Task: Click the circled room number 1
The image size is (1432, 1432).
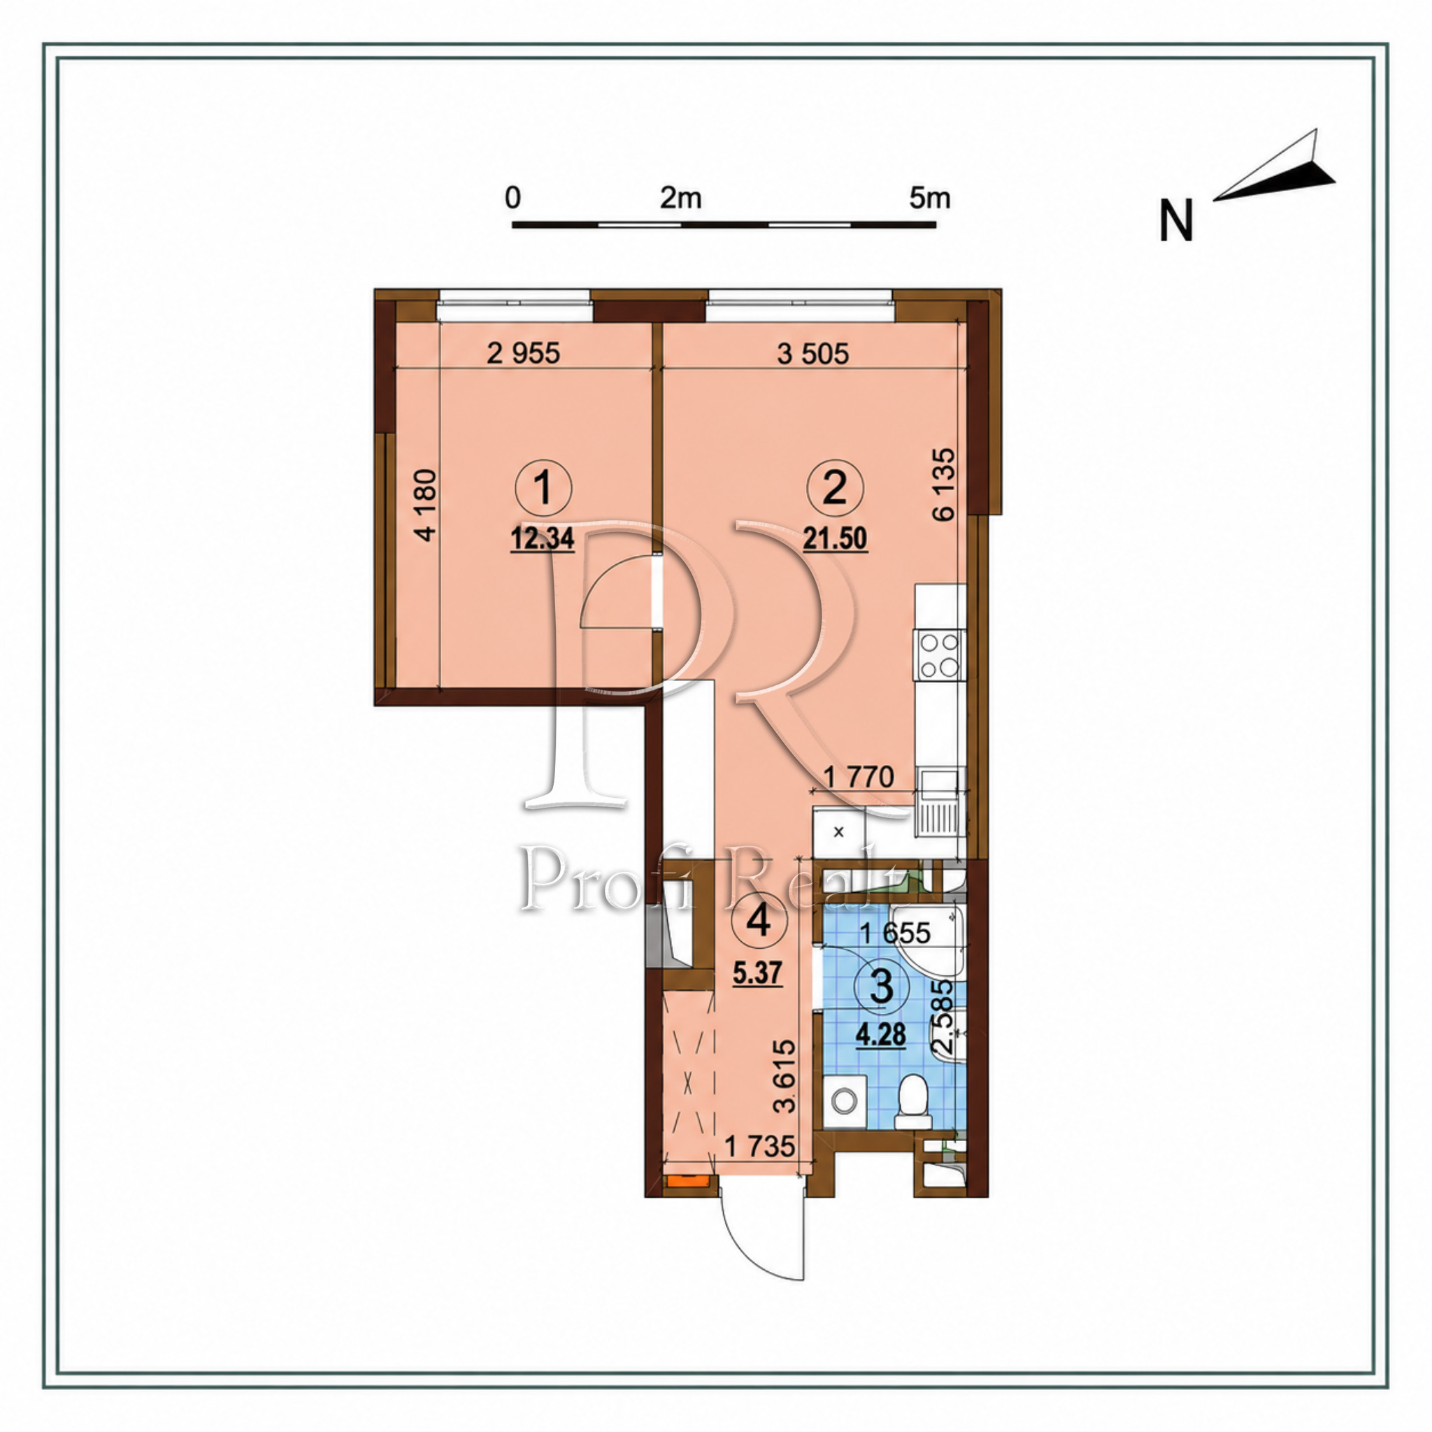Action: pos(543,489)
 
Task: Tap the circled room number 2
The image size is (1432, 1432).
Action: pos(835,489)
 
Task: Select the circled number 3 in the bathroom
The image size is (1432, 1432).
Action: pos(880,989)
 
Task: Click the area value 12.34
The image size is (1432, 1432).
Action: pos(543,539)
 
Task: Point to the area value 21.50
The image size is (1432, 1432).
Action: pos(835,539)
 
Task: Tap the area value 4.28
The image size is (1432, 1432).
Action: pos(880,1034)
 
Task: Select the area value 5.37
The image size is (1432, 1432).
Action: pos(757,973)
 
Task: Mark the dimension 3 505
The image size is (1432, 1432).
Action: pos(813,354)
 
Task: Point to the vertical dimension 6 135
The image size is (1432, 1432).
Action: pos(944,484)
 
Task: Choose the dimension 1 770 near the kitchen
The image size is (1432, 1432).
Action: pos(859,778)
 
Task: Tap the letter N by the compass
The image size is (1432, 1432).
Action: pos(1176,221)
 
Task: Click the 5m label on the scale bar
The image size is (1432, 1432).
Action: pos(930,198)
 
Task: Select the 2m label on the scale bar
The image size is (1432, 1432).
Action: pos(680,198)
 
